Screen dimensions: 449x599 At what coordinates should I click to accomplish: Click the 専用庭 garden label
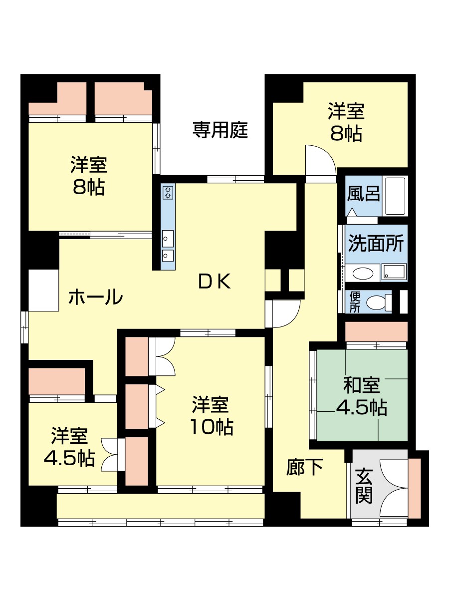221,130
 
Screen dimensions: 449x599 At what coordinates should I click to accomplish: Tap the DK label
215,282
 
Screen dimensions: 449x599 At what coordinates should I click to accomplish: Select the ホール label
95,297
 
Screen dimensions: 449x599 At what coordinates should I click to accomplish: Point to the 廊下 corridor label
304,467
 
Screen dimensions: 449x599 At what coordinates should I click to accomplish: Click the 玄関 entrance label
364,486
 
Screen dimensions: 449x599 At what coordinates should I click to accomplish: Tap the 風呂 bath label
363,193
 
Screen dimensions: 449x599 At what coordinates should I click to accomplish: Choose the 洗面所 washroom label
376,243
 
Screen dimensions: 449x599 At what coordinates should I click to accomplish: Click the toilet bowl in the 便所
378,302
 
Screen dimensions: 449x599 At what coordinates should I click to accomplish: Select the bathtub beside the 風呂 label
395,196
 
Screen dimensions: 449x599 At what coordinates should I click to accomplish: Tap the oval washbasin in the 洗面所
362,273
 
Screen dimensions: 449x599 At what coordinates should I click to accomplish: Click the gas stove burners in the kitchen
168,192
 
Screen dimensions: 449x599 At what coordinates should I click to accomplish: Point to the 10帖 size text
212,427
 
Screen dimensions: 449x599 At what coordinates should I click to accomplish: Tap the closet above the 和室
377,331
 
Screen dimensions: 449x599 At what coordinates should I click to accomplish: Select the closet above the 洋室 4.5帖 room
57,381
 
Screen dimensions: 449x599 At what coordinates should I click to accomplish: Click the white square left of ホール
43,291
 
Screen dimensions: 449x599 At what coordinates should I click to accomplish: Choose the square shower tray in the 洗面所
394,272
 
